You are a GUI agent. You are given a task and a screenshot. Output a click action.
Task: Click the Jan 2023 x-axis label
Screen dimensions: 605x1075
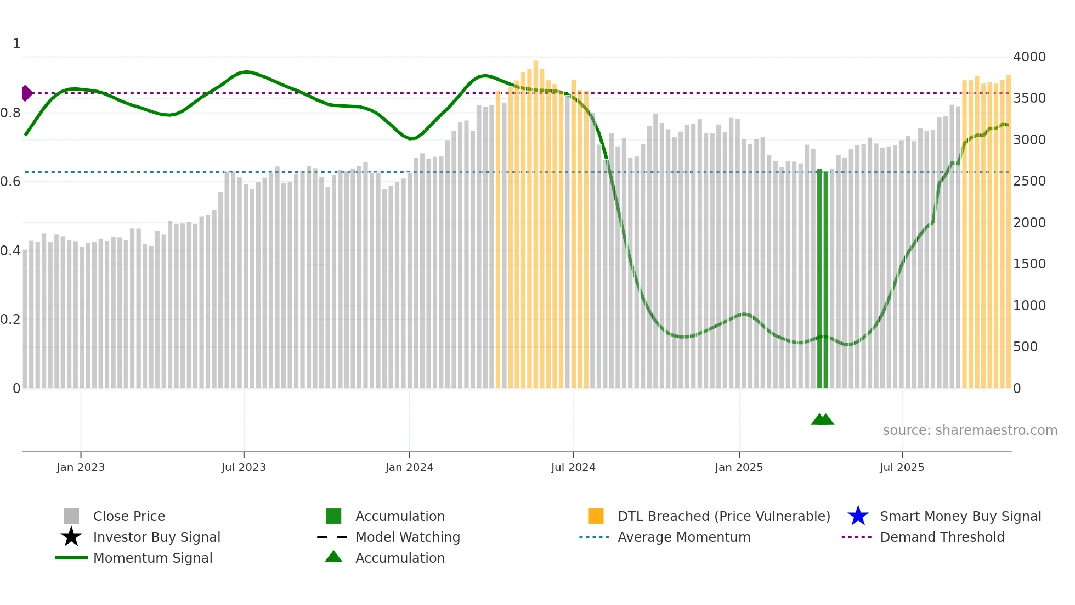coord(80,467)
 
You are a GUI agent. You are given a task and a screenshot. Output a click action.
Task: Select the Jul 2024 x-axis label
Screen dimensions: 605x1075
coord(573,467)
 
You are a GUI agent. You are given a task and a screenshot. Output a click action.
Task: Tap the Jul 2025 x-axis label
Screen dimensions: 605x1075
coord(902,467)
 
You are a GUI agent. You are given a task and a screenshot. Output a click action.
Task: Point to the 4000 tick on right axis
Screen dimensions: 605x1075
coord(1029,57)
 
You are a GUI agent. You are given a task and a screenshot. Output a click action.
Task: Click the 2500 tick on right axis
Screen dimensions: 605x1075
coord(1029,181)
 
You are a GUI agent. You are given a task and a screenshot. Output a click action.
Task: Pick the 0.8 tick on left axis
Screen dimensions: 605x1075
coord(10,113)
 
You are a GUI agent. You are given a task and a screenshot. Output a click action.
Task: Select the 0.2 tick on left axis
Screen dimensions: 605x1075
coord(10,320)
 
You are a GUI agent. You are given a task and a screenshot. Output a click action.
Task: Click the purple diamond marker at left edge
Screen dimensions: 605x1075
coord(26,93)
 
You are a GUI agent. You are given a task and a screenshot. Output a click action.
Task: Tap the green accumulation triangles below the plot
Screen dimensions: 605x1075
coord(822,419)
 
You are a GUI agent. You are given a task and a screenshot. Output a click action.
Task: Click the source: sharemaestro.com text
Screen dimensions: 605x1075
coord(970,430)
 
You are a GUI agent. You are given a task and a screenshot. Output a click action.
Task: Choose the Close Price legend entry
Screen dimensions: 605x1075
coord(128,516)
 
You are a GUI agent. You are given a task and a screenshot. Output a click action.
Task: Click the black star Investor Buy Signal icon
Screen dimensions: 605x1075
coord(71,537)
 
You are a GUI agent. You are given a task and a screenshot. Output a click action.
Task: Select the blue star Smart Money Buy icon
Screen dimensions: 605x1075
coord(858,516)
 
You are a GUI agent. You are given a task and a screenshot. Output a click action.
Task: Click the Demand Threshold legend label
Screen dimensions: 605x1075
coord(942,537)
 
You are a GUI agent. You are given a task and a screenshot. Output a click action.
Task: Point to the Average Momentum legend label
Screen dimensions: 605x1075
coord(683,537)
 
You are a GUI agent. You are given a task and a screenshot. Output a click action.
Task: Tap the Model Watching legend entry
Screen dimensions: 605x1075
coord(407,537)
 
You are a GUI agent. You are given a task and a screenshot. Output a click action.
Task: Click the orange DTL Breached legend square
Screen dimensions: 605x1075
coord(596,516)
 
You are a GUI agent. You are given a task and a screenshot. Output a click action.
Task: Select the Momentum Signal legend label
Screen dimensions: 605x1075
coord(152,558)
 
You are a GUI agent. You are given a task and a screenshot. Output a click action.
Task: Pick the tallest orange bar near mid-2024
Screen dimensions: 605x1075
coord(536,220)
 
